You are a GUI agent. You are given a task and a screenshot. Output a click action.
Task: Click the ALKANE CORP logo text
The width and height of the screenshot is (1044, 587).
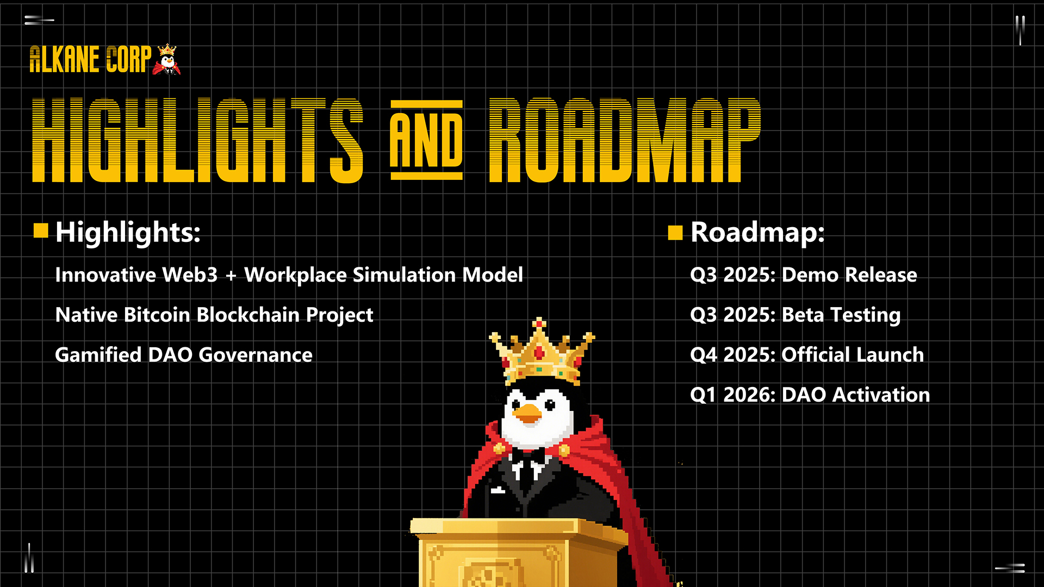90,59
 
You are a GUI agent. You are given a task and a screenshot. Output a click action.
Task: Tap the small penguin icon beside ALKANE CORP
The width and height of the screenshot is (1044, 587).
167,60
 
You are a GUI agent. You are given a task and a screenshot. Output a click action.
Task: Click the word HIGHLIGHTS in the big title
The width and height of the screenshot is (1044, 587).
197,140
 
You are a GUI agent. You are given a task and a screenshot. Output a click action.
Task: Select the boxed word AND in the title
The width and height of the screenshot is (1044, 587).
426,140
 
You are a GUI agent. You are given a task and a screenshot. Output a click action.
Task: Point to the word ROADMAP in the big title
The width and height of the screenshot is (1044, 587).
625,140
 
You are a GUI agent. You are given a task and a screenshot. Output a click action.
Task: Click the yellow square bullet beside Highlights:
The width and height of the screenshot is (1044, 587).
41,231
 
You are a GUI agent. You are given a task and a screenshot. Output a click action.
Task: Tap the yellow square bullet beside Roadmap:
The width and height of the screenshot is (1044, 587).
675,233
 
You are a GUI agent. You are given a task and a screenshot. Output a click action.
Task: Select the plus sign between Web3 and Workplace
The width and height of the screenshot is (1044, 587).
231,276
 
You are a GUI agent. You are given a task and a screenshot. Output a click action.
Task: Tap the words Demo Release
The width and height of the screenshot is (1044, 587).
849,275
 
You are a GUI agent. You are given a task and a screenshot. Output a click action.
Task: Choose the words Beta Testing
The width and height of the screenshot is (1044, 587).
841,316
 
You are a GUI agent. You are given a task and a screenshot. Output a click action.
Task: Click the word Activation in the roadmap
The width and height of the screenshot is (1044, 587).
881,395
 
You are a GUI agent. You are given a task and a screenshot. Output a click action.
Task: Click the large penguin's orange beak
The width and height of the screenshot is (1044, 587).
527,414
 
